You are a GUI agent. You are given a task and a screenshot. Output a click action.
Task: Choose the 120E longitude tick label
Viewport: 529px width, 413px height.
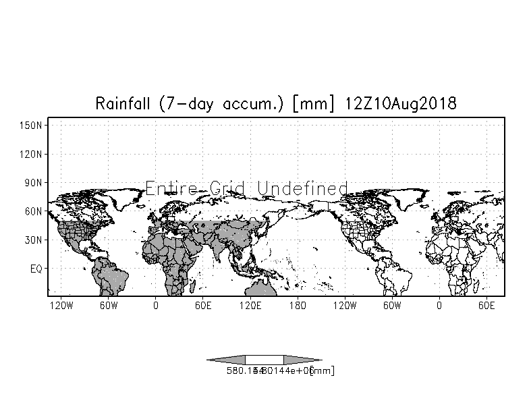250,306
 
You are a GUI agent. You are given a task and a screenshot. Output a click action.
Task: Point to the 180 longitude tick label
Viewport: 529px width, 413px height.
298,306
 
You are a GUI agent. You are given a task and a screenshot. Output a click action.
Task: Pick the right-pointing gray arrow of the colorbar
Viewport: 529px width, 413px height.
302,360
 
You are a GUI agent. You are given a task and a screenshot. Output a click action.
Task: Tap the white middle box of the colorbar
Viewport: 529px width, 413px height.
264,360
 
